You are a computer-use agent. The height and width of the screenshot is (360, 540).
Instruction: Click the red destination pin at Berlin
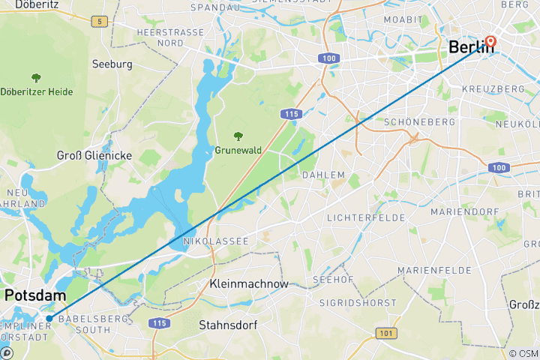pyautogui.click(x=491, y=42)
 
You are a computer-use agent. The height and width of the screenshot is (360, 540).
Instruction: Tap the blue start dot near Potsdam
pyautogui.click(x=49, y=318)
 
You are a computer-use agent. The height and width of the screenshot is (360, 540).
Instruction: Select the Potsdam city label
pyautogui.click(x=34, y=296)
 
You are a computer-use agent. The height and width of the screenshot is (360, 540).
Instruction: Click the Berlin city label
pyautogui.click(x=471, y=47)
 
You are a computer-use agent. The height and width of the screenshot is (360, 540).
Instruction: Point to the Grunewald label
pyautogui.click(x=238, y=150)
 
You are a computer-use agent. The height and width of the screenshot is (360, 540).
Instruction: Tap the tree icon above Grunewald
pyautogui.click(x=238, y=136)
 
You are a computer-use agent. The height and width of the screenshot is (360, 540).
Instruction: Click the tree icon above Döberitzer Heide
pyautogui.click(x=36, y=77)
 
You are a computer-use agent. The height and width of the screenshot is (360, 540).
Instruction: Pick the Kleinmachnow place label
pyautogui.click(x=249, y=284)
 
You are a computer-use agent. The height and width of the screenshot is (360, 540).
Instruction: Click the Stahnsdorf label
pyautogui.click(x=229, y=325)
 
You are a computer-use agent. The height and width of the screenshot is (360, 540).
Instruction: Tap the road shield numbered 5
pyautogui.click(x=99, y=21)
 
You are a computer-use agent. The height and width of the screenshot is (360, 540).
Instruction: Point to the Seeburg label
pyautogui.click(x=112, y=64)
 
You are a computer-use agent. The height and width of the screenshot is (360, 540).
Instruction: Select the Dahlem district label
pyautogui.click(x=323, y=175)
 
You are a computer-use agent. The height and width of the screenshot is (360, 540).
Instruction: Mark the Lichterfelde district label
pyautogui.click(x=366, y=217)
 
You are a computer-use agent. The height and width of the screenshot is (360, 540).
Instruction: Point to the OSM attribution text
pyautogui.click(x=523, y=353)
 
